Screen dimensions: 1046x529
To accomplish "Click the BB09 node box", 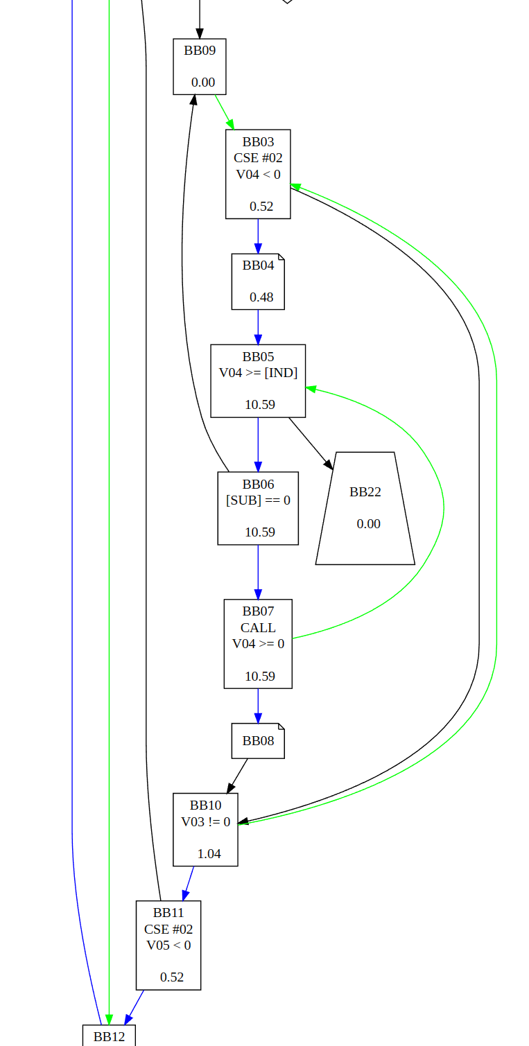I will (x=200, y=67).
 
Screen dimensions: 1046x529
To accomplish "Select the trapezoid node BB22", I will (x=365, y=508).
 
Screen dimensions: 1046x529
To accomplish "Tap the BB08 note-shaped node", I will (x=258, y=741).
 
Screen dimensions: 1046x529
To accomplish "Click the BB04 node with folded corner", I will (x=258, y=281).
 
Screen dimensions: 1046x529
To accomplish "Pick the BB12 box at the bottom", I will (x=109, y=1036).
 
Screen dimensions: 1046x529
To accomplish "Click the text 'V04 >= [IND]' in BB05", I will (x=258, y=373).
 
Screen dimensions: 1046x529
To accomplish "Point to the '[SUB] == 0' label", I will (x=258, y=500).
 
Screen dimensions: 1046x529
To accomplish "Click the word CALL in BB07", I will (x=258, y=627).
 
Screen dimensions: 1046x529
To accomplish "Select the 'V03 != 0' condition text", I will (x=205, y=821).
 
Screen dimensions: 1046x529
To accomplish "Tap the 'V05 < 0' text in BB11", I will (x=168, y=945).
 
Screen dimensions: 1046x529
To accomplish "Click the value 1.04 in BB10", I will (x=209, y=853).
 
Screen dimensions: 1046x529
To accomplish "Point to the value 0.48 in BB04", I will (x=261, y=297).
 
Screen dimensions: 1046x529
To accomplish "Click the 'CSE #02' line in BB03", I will (x=258, y=158).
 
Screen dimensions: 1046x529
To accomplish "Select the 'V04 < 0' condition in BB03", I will (x=258, y=174).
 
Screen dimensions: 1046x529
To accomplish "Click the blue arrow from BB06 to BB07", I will (x=258, y=572).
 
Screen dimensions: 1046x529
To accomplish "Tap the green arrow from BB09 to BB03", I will (x=224, y=112).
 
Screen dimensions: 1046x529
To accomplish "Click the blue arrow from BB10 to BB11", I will (x=189, y=883).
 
